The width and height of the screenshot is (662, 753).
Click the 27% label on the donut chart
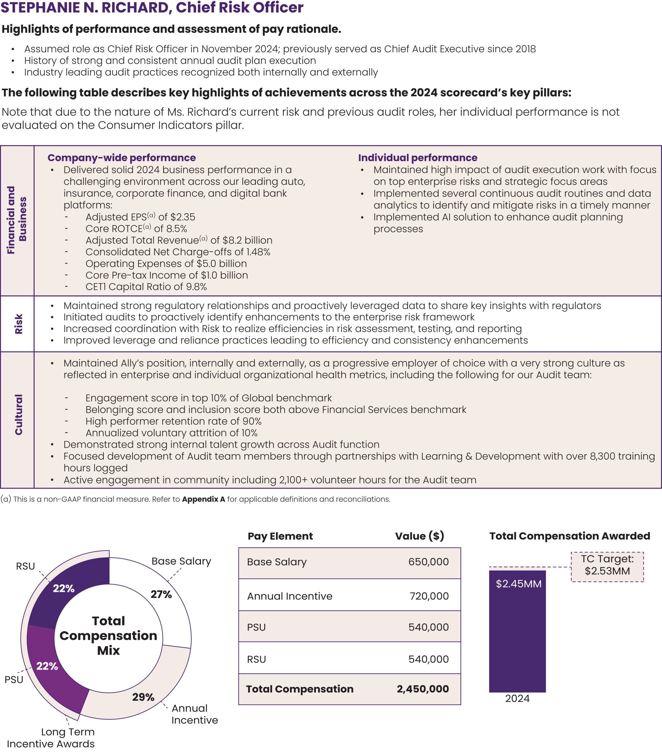pyautogui.click(x=161, y=594)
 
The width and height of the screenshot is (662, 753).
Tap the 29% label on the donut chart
pyautogui.click(x=143, y=697)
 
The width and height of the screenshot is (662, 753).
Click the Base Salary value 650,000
pyautogui.click(x=428, y=562)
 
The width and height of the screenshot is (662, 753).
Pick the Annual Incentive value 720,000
pyautogui.click(x=429, y=596)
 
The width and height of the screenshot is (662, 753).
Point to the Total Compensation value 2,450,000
pyautogui.click(x=423, y=689)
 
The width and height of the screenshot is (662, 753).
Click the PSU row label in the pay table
pyautogui.click(x=256, y=627)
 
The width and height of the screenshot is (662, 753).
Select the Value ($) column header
pyautogui.click(x=419, y=536)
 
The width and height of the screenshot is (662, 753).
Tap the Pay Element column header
pyautogui.click(x=280, y=536)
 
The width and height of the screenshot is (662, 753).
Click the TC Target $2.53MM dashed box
pyautogui.click(x=607, y=566)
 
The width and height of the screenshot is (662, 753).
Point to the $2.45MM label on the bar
pyautogui.click(x=518, y=584)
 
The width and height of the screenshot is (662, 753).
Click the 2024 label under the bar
pyautogui.click(x=517, y=698)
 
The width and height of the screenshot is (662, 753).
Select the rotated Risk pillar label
pyautogui.click(x=18, y=324)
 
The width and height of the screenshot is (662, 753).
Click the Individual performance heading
pyautogui.click(x=418, y=158)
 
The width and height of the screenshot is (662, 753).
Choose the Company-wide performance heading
pyautogui.click(x=122, y=158)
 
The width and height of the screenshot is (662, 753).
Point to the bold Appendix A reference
pyautogui.click(x=203, y=499)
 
